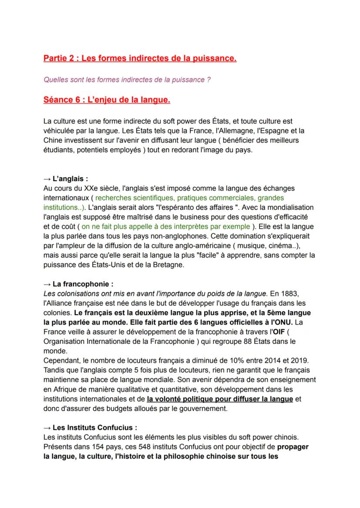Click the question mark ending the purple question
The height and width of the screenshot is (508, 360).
coord(209,80)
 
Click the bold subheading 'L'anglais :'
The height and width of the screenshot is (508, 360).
coord(67,179)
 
